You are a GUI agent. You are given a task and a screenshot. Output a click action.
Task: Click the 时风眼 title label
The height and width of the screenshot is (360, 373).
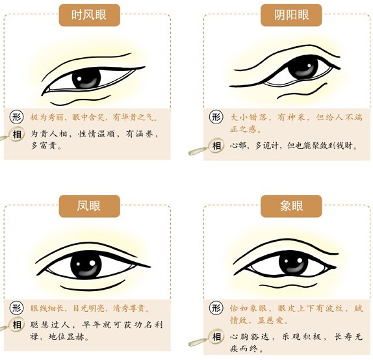(x=89, y=15)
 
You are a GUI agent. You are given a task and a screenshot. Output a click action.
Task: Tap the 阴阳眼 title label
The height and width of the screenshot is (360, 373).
(x=291, y=15)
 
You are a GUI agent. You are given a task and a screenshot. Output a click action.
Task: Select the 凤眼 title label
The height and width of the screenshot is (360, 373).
(x=89, y=206)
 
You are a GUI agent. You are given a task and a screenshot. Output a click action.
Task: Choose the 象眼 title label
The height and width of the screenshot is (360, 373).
(x=291, y=206)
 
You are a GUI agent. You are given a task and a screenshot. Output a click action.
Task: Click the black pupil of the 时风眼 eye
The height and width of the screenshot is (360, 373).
(x=86, y=78)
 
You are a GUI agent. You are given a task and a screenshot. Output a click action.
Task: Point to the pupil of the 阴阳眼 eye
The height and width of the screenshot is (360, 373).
(x=303, y=67)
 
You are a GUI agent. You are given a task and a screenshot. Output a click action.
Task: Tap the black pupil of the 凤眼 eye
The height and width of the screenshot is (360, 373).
(x=86, y=264)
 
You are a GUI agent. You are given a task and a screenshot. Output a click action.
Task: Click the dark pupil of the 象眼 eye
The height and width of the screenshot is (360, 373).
(x=293, y=263)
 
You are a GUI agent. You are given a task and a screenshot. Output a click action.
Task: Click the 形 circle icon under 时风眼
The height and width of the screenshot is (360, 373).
(x=16, y=117)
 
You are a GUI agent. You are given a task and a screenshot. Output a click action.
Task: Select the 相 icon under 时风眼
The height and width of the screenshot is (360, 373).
(x=16, y=135)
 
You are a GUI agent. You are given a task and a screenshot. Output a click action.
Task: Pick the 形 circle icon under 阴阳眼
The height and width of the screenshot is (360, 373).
(x=216, y=117)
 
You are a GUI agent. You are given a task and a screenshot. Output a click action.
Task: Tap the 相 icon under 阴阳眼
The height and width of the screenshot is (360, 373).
(x=216, y=146)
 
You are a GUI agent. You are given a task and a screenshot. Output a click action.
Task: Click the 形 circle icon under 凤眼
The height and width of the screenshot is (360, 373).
(x=16, y=308)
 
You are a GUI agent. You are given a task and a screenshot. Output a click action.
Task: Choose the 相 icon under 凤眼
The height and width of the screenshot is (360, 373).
(x=16, y=324)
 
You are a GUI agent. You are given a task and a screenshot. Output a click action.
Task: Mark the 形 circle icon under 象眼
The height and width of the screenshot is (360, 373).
(x=216, y=308)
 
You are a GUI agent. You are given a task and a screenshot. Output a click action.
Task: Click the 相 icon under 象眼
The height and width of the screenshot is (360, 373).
(x=216, y=337)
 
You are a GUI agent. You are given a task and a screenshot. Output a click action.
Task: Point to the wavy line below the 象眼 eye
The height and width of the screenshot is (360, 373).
(x=288, y=285)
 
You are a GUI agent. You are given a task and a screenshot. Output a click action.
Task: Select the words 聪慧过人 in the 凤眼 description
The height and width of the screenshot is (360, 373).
(x=50, y=324)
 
